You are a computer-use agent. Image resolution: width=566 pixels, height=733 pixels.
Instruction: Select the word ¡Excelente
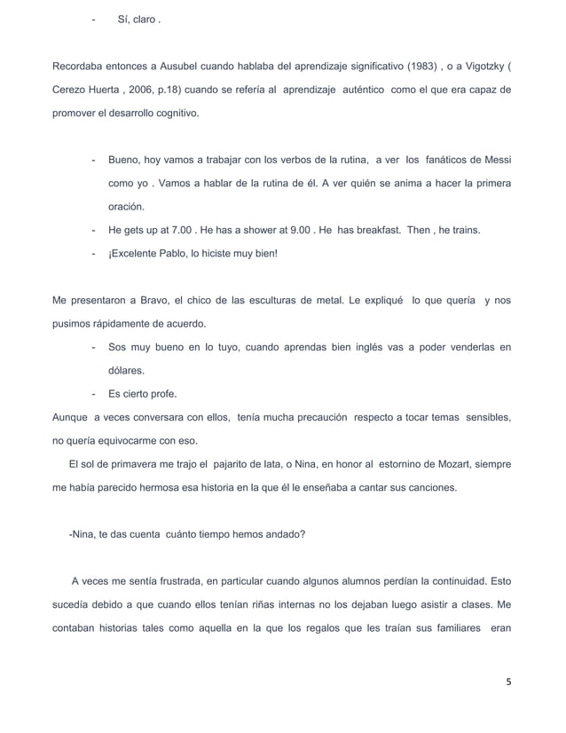tap(138, 253)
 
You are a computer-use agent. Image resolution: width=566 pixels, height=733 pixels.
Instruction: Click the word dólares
tap(127, 370)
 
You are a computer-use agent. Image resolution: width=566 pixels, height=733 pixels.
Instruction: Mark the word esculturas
tap(256, 300)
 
